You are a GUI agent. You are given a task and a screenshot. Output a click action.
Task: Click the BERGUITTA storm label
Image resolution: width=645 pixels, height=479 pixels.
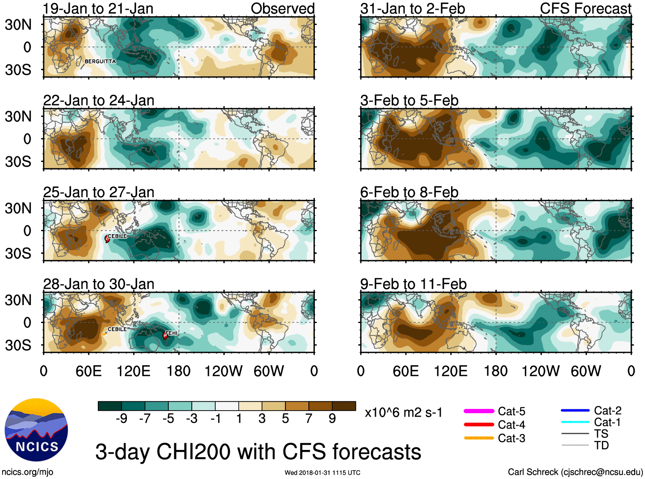click(100, 62)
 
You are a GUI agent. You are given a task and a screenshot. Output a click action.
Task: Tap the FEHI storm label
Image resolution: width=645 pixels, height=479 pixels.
click(171, 333)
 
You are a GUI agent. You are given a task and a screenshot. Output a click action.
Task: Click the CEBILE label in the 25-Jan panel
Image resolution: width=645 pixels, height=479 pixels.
click(117, 236)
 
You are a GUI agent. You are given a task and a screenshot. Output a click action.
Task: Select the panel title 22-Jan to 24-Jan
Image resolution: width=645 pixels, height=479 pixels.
click(99, 100)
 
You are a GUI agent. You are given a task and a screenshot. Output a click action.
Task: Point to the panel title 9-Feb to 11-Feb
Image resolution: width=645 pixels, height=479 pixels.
click(413, 284)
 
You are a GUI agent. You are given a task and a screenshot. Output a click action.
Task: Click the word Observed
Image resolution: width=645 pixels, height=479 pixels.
click(282, 9)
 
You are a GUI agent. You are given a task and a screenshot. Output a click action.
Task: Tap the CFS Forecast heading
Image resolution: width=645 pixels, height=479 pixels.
click(585, 9)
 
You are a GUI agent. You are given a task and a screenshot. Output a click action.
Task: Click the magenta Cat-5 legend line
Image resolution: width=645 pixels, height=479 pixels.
click(479, 411)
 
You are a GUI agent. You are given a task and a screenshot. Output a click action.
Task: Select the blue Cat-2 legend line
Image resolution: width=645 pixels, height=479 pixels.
click(575, 411)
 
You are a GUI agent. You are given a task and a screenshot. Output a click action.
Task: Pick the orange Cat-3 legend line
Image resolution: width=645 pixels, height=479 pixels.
click(479, 438)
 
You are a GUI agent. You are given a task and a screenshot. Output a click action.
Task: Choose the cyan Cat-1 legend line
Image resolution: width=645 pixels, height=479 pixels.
click(575, 422)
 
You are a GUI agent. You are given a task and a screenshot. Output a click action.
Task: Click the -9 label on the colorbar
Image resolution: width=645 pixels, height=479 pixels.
click(121, 419)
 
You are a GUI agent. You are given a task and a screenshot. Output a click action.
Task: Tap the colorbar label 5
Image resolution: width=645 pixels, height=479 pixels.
click(285, 419)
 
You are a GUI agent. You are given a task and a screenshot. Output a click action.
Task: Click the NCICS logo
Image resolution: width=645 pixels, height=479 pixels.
click(36, 430)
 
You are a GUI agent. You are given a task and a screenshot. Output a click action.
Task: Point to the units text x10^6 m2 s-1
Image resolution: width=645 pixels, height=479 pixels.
click(403, 413)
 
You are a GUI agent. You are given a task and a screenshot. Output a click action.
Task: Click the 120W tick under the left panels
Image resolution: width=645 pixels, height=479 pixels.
click(223, 371)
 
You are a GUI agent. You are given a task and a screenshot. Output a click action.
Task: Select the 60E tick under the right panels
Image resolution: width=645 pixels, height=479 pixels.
click(405, 371)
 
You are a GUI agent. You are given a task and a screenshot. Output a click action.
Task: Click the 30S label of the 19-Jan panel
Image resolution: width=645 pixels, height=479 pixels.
click(18, 70)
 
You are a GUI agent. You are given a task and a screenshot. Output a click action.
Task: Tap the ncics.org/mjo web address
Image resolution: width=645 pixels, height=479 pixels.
click(27, 472)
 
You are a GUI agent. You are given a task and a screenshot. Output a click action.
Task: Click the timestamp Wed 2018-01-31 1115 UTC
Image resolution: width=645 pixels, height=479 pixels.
click(322, 473)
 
